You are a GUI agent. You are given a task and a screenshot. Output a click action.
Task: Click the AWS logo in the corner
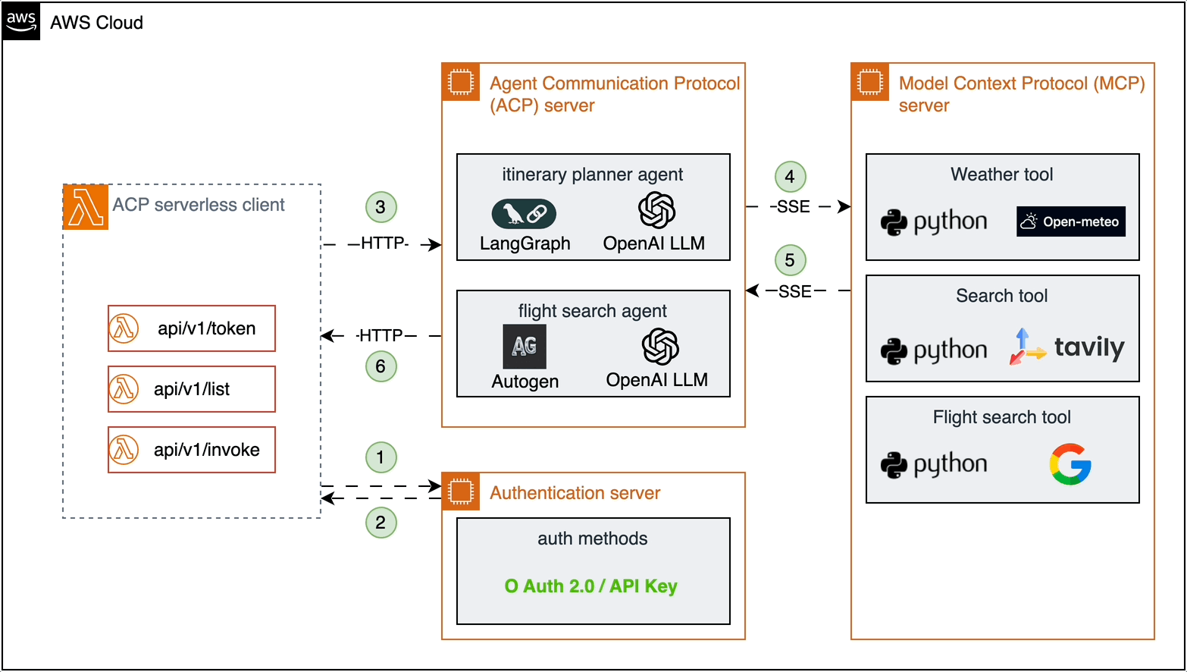pyautogui.click(x=21, y=21)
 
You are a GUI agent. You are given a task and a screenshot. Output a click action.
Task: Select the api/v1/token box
pyautogui.click(x=192, y=328)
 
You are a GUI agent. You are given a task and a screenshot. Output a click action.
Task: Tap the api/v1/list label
pyautogui.click(x=192, y=389)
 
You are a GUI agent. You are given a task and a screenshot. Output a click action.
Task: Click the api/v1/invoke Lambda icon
pyautogui.click(x=124, y=450)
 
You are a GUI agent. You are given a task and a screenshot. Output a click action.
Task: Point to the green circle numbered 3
pyautogui.click(x=381, y=207)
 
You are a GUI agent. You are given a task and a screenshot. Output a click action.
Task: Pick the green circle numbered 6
pyautogui.click(x=381, y=366)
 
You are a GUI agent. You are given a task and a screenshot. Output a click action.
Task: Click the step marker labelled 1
pyautogui.click(x=381, y=457)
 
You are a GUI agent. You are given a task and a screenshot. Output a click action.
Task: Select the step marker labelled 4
pyautogui.click(x=790, y=177)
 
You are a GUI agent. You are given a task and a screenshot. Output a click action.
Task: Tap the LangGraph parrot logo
pyautogui.click(x=524, y=214)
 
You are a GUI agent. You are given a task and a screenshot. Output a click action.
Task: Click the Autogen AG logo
pyautogui.click(x=525, y=347)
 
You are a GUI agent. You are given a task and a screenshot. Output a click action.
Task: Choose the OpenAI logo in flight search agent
pyautogui.click(x=659, y=347)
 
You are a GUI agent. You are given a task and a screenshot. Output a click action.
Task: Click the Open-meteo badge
pyautogui.click(x=1070, y=221)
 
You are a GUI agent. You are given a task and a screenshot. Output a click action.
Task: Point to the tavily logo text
pyautogui.click(x=1089, y=347)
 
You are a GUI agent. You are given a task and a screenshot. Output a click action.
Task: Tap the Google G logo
pyautogui.click(x=1070, y=464)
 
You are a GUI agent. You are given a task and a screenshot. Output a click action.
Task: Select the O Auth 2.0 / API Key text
pyautogui.click(x=591, y=586)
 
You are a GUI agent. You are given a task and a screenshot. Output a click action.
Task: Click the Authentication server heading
pyautogui.click(x=575, y=493)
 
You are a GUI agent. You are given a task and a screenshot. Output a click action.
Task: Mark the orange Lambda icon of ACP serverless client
pyautogui.click(x=86, y=206)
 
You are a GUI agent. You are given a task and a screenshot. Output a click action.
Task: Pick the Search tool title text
pyautogui.click(x=1001, y=296)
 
